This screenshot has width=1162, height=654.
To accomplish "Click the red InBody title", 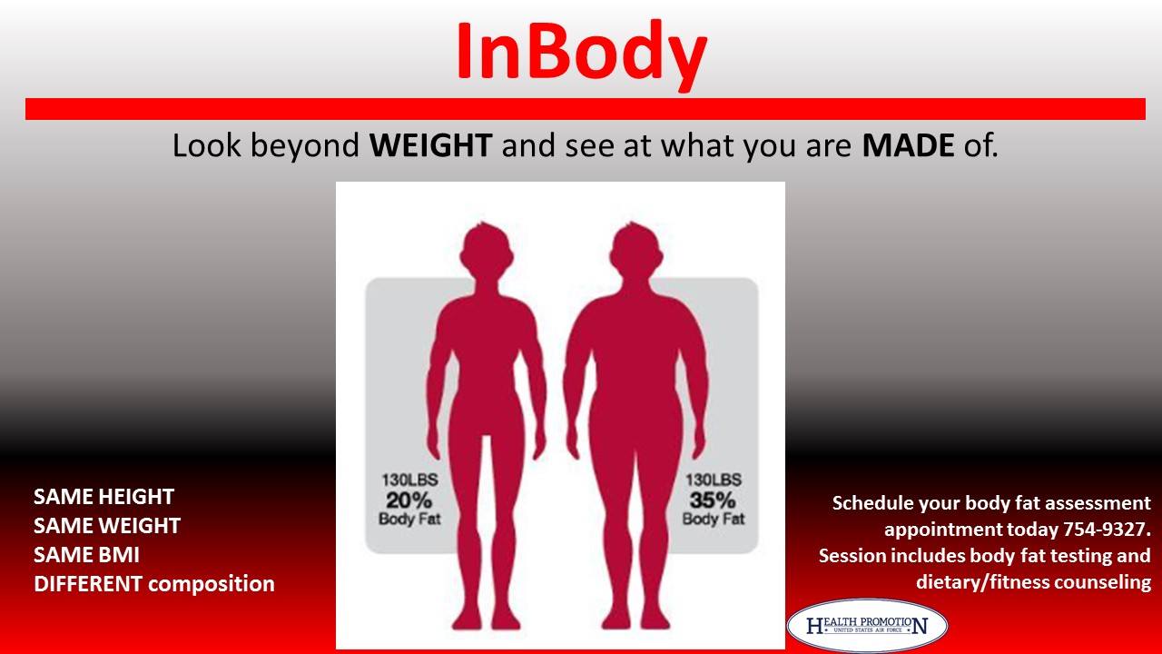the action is (582, 54).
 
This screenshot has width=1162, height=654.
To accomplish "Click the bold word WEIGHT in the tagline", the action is (430, 145).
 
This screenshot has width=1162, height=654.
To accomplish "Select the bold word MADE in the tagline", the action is (908, 145).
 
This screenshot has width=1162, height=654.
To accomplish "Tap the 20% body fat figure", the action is (409, 500).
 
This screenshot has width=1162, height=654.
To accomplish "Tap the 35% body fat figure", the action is (713, 500).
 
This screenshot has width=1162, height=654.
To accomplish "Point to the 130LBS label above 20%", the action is (409, 481).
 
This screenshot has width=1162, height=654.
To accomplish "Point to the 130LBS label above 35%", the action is (714, 481).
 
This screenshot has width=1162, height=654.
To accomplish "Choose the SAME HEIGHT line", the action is (103, 497).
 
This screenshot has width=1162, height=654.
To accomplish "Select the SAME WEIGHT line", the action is (107, 526).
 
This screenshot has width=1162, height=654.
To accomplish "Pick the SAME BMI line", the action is (86, 555).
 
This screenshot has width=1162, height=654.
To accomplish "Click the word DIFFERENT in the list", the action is (88, 584).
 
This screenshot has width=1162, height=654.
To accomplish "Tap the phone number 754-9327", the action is (1107, 529).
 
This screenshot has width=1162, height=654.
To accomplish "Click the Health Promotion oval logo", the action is (867, 625).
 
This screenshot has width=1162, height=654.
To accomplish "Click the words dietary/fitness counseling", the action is (1033, 582).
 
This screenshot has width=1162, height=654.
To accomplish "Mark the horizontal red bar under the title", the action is (586, 109).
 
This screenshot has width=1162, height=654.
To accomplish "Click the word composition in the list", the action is (212, 585).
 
